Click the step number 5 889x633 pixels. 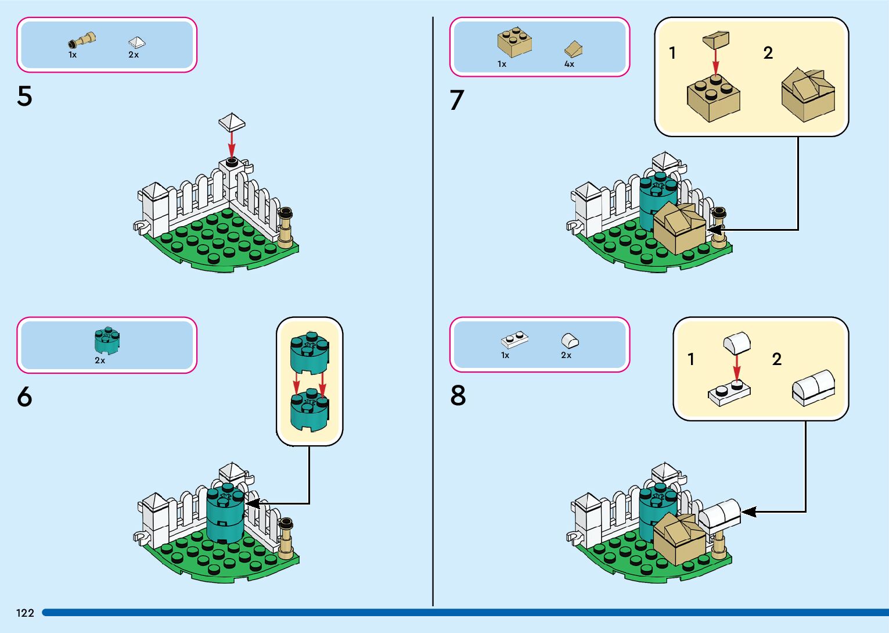coord(24,96)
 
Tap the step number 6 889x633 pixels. coord(24,397)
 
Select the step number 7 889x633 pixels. coord(457,100)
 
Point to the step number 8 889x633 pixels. coord(458,396)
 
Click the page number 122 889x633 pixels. coord(25,613)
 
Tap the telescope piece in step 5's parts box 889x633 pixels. coord(82,41)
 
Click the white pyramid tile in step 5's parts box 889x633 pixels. coord(136,42)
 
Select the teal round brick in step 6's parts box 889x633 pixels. coord(107,341)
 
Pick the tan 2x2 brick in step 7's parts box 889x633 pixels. coord(514,42)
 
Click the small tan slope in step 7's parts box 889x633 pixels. coord(573,49)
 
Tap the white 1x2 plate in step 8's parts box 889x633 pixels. coord(514,340)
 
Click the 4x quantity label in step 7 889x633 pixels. coord(569,65)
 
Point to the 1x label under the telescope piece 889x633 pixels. coord(73,55)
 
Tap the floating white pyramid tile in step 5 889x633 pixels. coord(232,122)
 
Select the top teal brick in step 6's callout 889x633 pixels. coord(309,352)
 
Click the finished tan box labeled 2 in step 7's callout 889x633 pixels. coord(808,95)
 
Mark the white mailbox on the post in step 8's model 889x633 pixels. coord(720,514)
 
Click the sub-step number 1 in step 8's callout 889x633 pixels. coord(691,359)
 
